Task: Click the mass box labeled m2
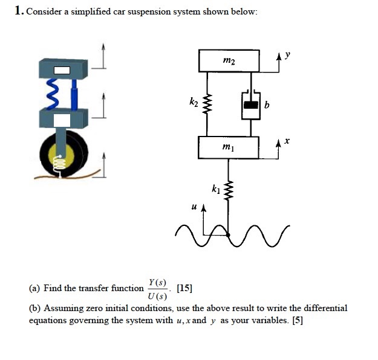point(229,61)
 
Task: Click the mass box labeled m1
point(228,147)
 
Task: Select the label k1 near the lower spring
point(216,190)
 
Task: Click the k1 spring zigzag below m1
point(229,190)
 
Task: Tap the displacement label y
point(288,54)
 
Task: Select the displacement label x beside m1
point(288,141)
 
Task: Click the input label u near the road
point(193,207)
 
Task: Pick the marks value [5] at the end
point(297,320)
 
